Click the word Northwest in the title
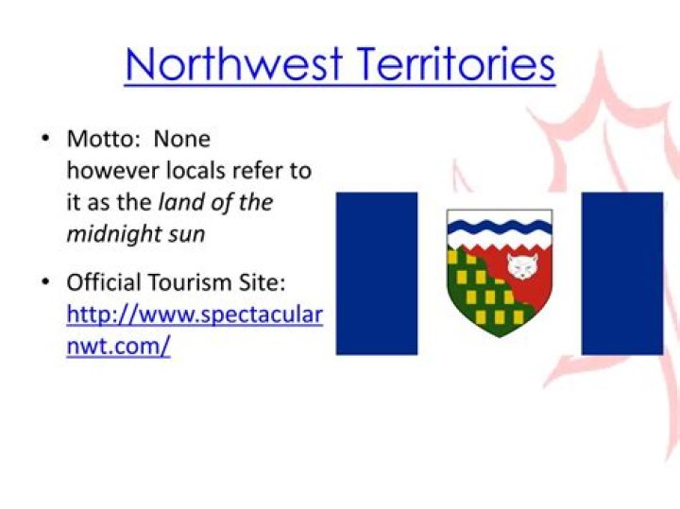234,64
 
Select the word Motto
101,139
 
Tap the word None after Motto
182,139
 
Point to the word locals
196,170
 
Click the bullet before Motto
45,139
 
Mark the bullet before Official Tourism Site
45,282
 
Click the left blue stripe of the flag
377,274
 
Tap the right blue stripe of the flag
622,274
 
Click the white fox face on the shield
522,266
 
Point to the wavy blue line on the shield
500,227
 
